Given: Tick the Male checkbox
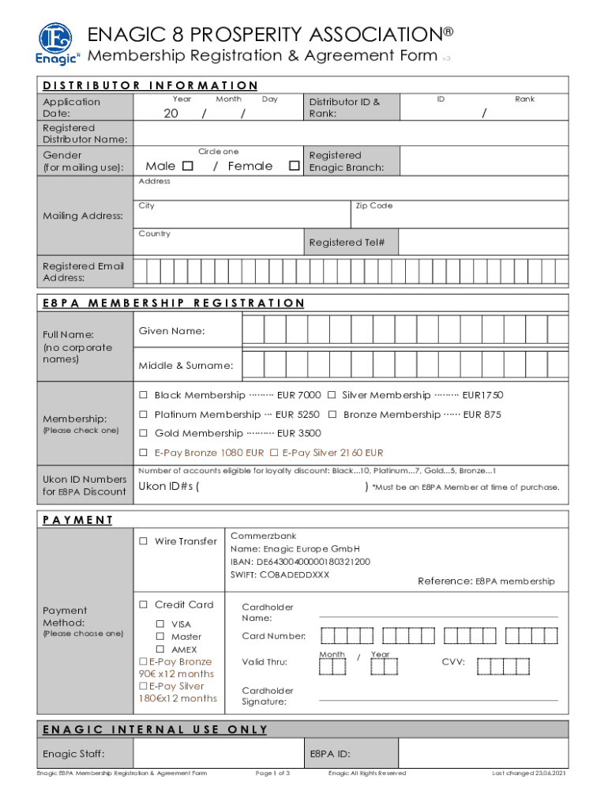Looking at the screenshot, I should (x=188, y=166).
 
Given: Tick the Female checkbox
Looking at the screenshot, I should (x=295, y=166).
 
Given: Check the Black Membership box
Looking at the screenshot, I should (x=144, y=395).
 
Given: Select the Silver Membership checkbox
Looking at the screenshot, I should (x=332, y=395).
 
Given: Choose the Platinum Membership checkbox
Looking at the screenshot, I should (x=144, y=415).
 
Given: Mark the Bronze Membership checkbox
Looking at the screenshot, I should (x=333, y=415).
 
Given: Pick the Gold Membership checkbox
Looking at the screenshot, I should (x=144, y=433).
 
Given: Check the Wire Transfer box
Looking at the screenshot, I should (x=144, y=541).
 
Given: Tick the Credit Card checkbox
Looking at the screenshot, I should (x=144, y=604).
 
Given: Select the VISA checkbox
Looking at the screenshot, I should (x=160, y=624).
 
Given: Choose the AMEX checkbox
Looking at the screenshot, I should (x=160, y=649).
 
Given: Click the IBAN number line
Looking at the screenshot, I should (x=299, y=562).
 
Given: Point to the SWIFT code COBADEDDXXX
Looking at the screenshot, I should (x=280, y=575).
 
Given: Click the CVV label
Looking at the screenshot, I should (x=452, y=662).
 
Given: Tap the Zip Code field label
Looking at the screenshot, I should (x=373, y=206).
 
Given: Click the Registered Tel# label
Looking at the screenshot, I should (x=347, y=243).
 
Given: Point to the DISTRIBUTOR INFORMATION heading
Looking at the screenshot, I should (x=150, y=85).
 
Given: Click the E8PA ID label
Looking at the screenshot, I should (x=330, y=754).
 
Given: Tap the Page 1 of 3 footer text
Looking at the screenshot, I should (x=272, y=773).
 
